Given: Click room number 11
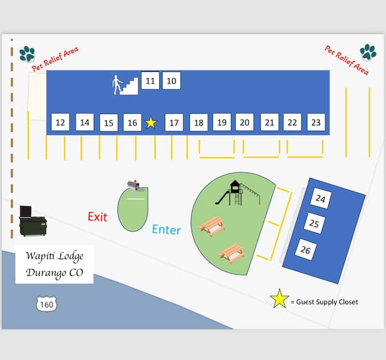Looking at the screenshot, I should coord(150,81).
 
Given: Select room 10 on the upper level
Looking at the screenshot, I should coord(171,81).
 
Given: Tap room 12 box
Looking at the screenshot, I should coord(60,123).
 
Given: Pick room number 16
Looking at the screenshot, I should coord(132,123).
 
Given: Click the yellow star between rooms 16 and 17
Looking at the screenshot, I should coord(151,123).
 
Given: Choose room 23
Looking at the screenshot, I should coord(316,122).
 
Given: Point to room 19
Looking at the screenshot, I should coord(222,122).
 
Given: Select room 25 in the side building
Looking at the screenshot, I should coord(314,223).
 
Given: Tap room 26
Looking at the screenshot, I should coord(306,250).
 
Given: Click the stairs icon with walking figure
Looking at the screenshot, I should coord(125,85).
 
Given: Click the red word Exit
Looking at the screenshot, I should coord(98,216).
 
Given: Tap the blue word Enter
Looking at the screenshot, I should coord(166,230).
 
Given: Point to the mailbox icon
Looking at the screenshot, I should coord(134,186).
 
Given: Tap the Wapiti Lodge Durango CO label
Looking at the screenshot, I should coord(54,264).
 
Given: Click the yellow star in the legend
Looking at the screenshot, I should coord(279,299).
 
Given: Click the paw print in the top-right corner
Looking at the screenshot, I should coord(368,51).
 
